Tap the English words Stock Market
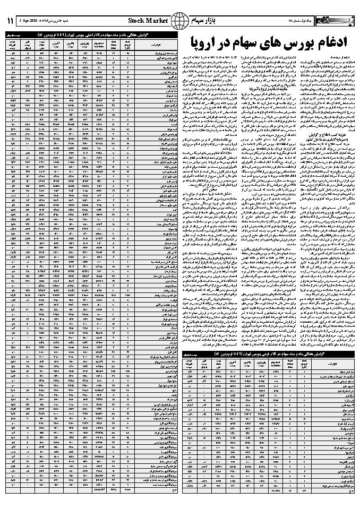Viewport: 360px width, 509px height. click(x=149, y=21)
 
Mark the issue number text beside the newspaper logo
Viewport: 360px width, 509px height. click(x=310, y=21)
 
